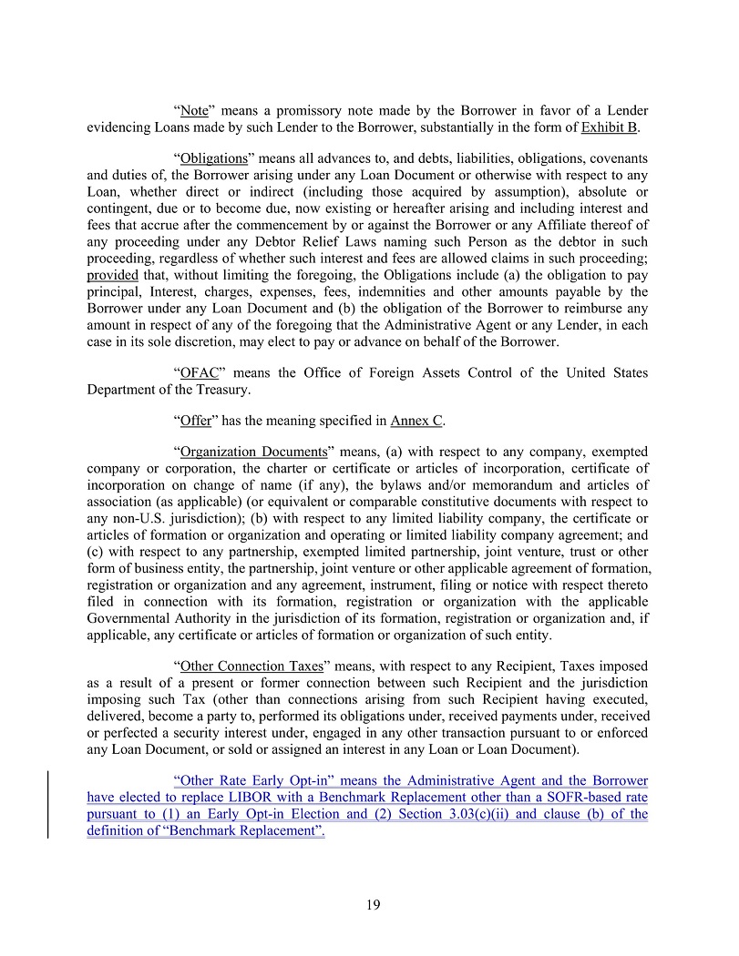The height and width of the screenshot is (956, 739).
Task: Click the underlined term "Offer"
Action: (196, 421)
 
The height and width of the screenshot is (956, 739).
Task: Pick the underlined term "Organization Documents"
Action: (253, 452)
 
